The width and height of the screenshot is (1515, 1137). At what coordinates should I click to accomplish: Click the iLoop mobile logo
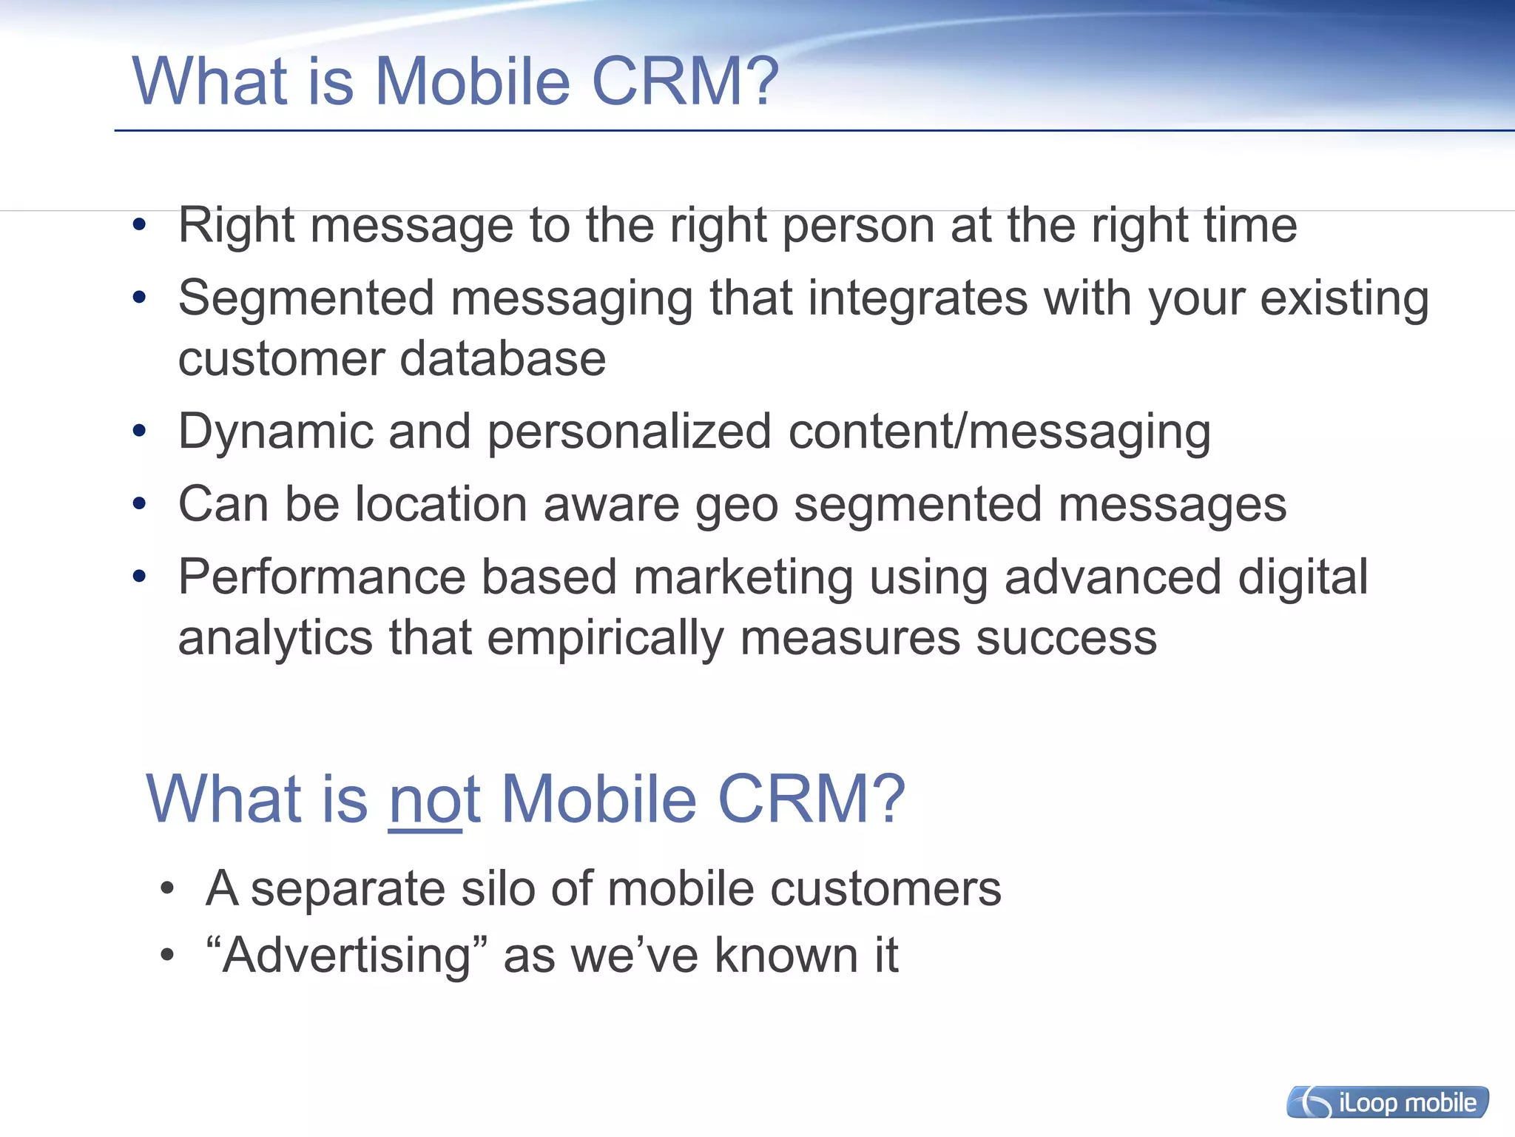point(1388,1102)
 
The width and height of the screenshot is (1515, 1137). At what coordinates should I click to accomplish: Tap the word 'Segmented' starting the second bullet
point(306,298)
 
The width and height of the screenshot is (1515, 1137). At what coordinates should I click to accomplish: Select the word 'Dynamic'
point(275,432)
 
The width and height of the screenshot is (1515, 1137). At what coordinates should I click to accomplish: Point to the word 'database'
point(503,359)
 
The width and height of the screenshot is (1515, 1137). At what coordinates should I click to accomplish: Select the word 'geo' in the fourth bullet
point(737,506)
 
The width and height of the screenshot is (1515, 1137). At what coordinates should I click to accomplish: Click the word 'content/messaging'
point(999,432)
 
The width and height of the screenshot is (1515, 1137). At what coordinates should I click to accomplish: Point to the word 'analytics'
point(275,638)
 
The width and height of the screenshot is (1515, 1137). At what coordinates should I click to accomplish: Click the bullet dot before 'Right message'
point(139,225)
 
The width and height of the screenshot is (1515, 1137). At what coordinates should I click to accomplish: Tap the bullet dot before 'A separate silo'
point(167,888)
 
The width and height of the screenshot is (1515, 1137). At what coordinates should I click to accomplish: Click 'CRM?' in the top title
point(685,81)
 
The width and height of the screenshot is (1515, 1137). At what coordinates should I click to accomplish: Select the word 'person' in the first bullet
point(858,225)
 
